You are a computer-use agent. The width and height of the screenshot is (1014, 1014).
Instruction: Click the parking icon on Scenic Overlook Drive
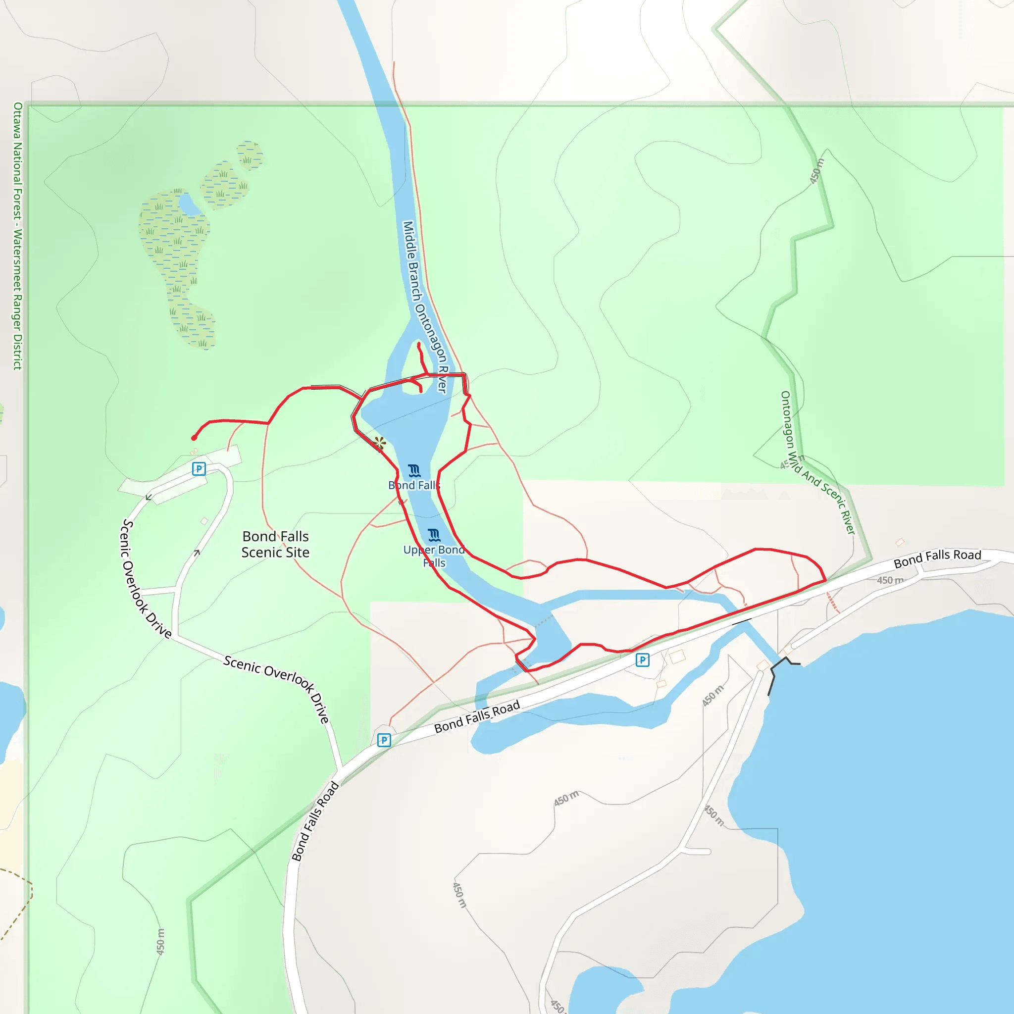[x=199, y=469]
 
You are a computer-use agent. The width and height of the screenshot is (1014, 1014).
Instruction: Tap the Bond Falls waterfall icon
[x=414, y=470]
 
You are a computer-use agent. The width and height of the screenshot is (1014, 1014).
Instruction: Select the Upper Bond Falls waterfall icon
[x=434, y=535]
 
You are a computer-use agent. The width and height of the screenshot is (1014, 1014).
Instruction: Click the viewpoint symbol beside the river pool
[x=380, y=443]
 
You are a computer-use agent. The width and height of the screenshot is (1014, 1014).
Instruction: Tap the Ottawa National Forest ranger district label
[x=18, y=236]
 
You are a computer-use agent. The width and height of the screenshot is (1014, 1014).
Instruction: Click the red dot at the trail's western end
[x=194, y=438]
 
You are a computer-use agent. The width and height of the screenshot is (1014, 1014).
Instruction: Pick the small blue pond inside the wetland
[x=190, y=204]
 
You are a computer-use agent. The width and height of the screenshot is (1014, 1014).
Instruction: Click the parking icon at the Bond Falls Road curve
[x=384, y=740]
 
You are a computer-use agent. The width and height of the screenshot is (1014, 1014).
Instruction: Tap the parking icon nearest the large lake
[x=642, y=659]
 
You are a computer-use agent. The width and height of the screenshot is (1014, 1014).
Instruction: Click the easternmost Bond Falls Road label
[x=937, y=558]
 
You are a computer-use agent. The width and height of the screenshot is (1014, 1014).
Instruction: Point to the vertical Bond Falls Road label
[x=315, y=822]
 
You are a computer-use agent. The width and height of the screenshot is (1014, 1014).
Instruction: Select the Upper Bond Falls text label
[x=434, y=556]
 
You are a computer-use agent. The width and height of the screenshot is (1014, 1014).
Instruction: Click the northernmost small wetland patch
[x=250, y=155]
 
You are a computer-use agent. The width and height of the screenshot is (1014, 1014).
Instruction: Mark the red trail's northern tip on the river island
[x=419, y=345]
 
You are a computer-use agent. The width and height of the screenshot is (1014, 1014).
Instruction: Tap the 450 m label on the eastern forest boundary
[x=816, y=171]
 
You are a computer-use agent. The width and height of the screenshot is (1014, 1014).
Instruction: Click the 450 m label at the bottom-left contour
[x=160, y=942]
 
